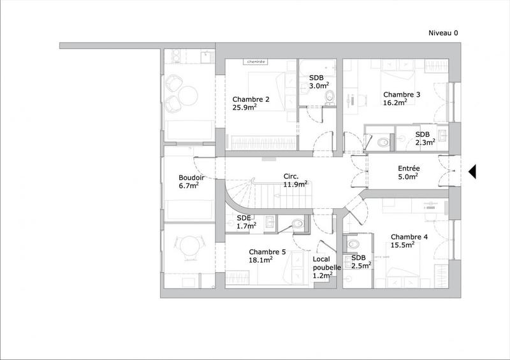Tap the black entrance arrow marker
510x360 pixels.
point(472,171)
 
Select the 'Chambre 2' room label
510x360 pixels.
point(251,99)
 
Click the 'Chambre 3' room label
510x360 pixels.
point(402,95)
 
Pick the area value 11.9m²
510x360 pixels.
point(296,185)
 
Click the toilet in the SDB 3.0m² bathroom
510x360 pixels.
point(328,97)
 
